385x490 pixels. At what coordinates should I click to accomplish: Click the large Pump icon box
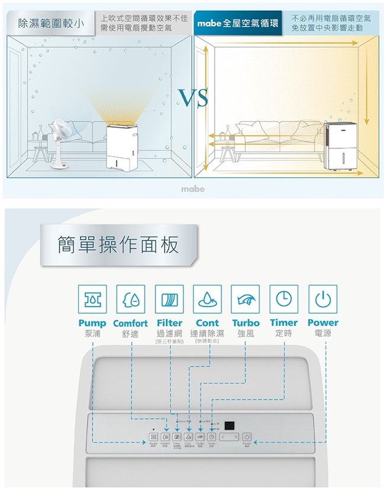[x=93, y=299]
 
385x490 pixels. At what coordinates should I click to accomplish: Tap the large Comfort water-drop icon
[x=131, y=299]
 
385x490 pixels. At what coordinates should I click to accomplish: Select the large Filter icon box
[x=169, y=299]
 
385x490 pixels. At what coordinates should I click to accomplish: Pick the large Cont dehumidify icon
[x=207, y=299]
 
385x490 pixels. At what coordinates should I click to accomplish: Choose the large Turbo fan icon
[x=246, y=299]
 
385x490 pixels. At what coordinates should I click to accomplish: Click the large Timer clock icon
[x=284, y=299]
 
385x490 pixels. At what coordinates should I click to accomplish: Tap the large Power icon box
[x=323, y=299]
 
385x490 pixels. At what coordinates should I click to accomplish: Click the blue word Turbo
[x=246, y=323]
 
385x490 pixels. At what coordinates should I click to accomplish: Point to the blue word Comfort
[x=130, y=323]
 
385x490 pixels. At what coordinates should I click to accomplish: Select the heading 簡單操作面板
[x=118, y=244]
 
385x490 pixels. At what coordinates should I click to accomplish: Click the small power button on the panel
[x=246, y=438]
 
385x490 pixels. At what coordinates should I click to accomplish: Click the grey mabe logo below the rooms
[x=193, y=189]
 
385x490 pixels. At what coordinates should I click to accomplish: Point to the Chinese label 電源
[x=323, y=334]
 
